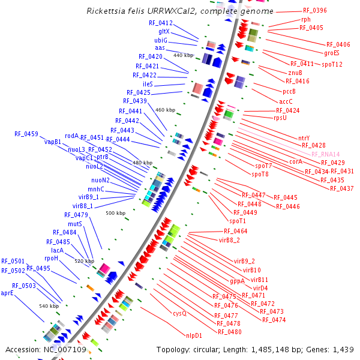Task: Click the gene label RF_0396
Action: click(x=315, y=11)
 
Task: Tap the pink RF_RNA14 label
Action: click(x=325, y=154)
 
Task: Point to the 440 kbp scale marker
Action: click(x=184, y=55)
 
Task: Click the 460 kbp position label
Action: click(x=165, y=110)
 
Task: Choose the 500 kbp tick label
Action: click(x=115, y=213)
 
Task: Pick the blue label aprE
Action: click(x=7, y=293)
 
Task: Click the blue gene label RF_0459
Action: click(x=26, y=134)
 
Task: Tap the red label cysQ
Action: click(x=180, y=313)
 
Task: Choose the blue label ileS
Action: click(x=148, y=84)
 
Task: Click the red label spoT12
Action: click(x=332, y=64)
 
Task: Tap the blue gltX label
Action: click(x=164, y=31)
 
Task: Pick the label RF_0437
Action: click(x=341, y=188)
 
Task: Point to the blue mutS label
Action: click(x=74, y=223)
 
